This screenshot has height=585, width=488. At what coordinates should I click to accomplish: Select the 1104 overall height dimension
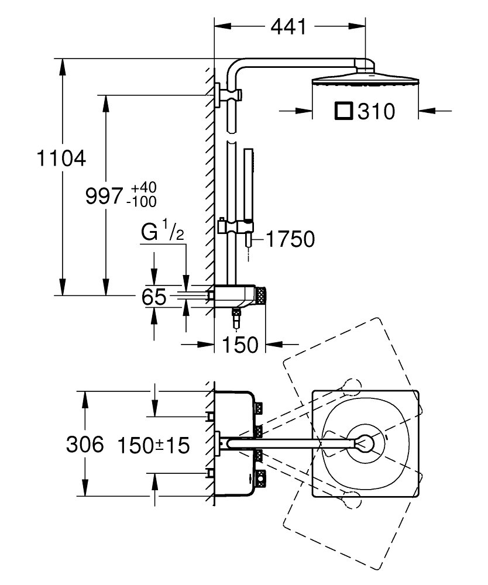(61, 158)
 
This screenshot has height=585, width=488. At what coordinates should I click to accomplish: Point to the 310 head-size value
(377, 111)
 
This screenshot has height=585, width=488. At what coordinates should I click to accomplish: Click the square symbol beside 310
(343, 111)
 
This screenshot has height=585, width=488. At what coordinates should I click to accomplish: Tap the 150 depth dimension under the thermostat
(239, 345)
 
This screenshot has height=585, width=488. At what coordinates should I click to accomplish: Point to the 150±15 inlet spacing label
(154, 446)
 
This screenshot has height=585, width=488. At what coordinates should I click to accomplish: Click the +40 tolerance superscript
(143, 188)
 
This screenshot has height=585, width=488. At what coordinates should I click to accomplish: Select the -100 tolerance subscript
(141, 202)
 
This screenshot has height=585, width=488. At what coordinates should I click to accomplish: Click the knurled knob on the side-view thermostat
(264, 295)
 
